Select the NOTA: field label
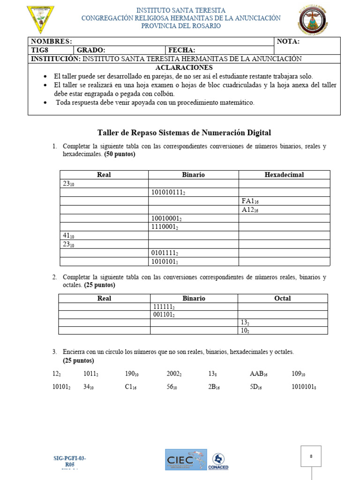coord(288,41)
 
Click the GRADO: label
coord(91,50)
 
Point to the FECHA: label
coord(182,50)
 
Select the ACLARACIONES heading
coord(184,67)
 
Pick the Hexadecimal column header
coord(284,175)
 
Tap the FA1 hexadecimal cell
coord(250,201)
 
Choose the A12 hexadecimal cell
coord(250,210)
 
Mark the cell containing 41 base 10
coord(68,236)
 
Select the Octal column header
coord(282,298)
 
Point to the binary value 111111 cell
coord(164,307)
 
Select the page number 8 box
coord(311,456)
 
